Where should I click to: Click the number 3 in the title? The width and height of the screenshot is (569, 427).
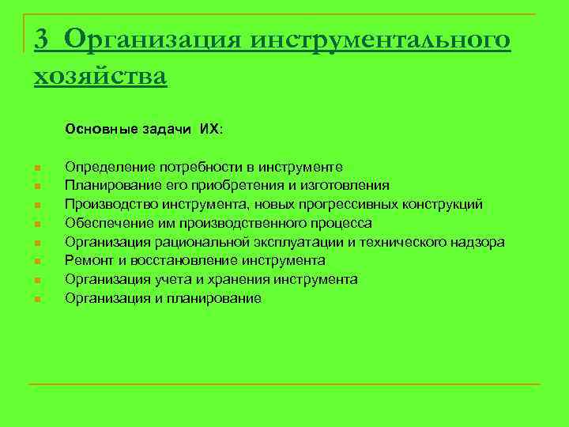43,39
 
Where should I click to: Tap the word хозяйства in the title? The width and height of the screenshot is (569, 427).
100,76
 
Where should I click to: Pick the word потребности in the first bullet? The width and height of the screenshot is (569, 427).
196,167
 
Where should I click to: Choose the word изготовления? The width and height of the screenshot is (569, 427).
344,186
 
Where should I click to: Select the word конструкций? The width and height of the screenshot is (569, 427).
444,205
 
